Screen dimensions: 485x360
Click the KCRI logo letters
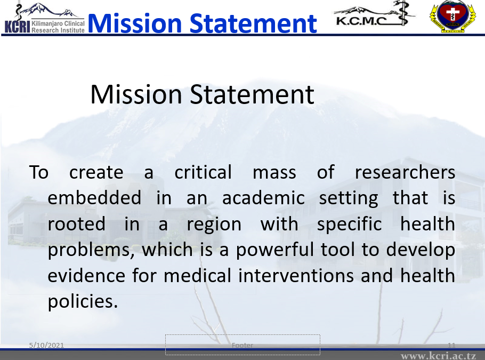(x=17, y=27)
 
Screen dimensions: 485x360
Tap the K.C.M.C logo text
(x=361, y=21)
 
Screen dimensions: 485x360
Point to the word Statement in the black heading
(x=252, y=94)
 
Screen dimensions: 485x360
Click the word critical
(x=203, y=172)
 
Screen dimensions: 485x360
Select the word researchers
(x=405, y=172)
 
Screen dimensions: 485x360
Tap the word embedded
(x=94, y=198)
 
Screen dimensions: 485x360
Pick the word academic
(x=263, y=198)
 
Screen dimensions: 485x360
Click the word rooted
(x=76, y=224)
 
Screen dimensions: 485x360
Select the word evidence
(x=86, y=276)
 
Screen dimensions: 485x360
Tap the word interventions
(x=296, y=276)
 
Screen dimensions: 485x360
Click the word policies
(x=83, y=302)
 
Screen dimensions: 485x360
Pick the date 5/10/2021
(x=46, y=345)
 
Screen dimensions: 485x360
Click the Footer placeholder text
(x=242, y=345)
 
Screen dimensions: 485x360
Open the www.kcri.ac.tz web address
(x=438, y=356)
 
